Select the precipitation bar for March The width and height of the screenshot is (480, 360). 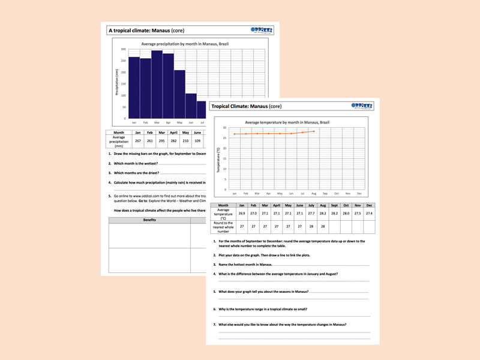pyautogui.click(x=157, y=84)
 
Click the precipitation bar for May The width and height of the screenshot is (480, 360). pyautogui.click(x=179, y=94)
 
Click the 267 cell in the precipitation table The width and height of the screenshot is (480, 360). pyautogui.click(x=137, y=140)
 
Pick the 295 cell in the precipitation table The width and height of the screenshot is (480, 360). pyautogui.click(x=161, y=140)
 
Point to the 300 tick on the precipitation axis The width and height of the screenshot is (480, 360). pyautogui.click(x=123, y=50)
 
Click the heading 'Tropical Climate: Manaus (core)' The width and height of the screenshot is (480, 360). pyautogui.click(x=247, y=106)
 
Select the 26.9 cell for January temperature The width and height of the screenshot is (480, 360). pyautogui.click(x=242, y=213)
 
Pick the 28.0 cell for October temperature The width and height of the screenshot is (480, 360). pyautogui.click(x=346, y=213)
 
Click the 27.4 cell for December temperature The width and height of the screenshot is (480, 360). pyautogui.click(x=369, y=213)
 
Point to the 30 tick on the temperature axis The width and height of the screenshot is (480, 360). pyautogui.click(x=224, y=128)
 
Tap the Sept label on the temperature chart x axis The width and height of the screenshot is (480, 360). pyautogui.click(x=325, y=193)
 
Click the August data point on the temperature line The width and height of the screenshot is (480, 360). pyautogui.click(x=314, y=131)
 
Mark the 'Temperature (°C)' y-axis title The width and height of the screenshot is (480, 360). pyautogui.click(x=218, y=159)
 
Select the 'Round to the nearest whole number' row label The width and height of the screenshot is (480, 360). pyautogui.click(x=223, y=227)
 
